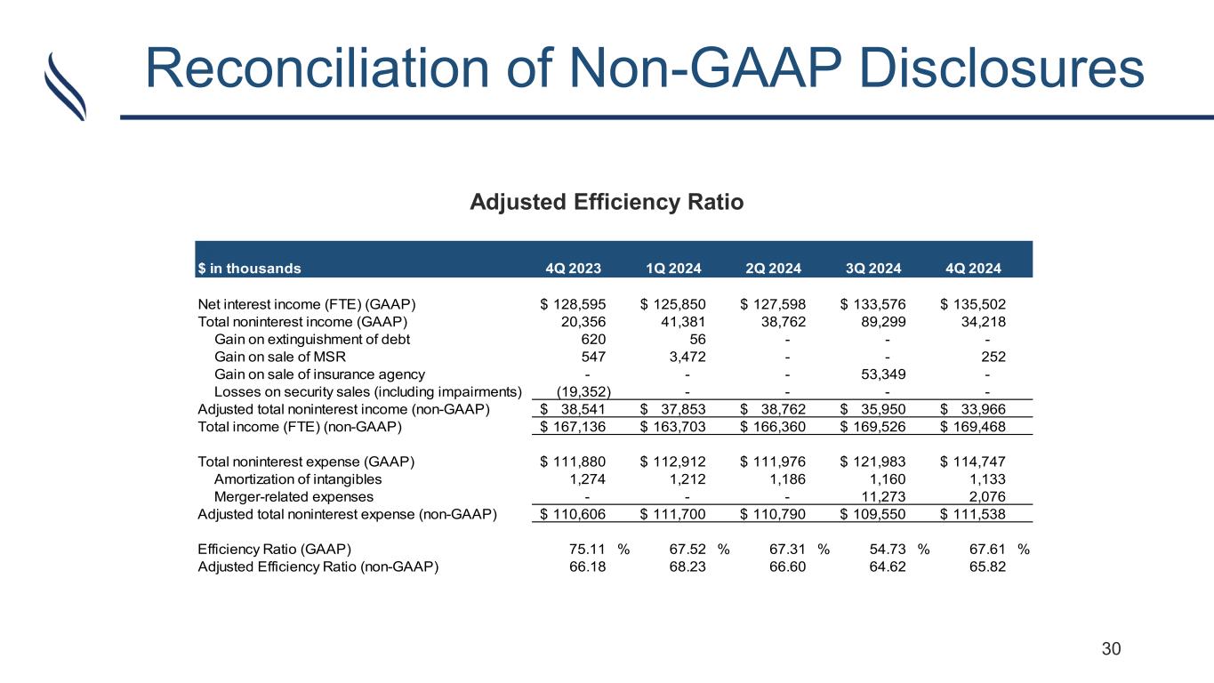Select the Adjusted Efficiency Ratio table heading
(x=606, y=202)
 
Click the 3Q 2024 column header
(x=875, y=268)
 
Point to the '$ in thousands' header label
(x=249, y=268)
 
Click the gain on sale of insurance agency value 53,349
(x=879, y=374)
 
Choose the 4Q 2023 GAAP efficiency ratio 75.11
(x=588, y=549)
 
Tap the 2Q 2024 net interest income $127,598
(x=772, y=303)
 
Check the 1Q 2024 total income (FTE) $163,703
(x=671, y=426)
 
